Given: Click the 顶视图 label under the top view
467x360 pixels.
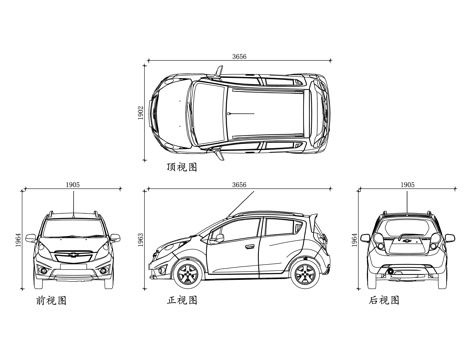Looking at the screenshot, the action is point(182,168).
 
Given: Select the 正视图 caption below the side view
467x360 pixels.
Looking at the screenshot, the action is point(183,299).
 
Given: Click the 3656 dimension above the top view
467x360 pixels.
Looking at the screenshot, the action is point(238,57).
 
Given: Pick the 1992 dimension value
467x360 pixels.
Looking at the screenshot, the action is point(140,112).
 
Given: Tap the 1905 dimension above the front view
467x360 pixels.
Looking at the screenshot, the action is point(72,185).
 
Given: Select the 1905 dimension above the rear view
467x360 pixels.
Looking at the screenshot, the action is point(406,185).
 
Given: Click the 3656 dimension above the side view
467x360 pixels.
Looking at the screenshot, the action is point(238,185).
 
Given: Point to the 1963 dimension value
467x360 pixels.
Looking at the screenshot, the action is point(141,240).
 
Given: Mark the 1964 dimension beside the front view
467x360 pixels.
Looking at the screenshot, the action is point(19,240).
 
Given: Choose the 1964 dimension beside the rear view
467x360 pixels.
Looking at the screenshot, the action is point(355,240).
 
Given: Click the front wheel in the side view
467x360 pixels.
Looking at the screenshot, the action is point(186,272).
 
